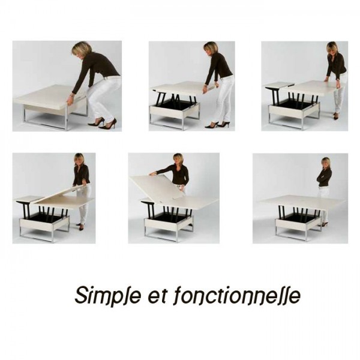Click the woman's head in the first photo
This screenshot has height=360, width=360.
click(81, 50)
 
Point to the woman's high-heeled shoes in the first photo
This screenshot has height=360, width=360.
click(102, 123)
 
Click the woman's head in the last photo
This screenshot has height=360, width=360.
click(326, 163)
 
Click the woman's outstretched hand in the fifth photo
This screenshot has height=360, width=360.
click(152, 174)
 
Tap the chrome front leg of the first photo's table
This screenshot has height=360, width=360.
click(67, 118)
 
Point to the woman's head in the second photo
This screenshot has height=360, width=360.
click(211, 49)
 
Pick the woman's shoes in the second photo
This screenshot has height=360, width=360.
click(217, 125)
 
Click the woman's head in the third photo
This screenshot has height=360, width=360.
click(332, 49)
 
